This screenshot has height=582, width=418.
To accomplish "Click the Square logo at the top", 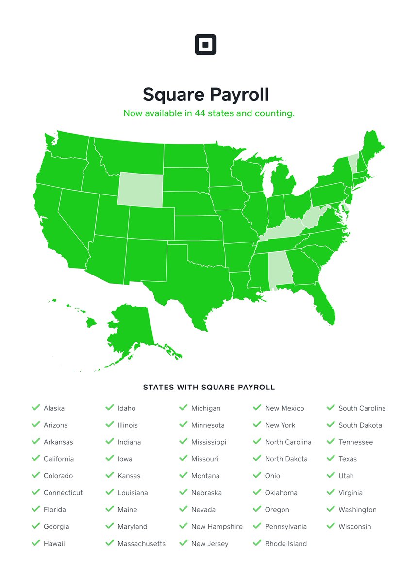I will point(205,45).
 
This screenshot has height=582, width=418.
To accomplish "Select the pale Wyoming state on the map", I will point(140,190).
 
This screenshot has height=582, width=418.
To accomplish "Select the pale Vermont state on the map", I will point(352,164).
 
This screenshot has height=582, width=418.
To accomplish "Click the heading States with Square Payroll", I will point(209,388).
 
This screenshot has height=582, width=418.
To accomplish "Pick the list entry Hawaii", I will point(54,544).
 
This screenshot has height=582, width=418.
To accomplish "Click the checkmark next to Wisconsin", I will point(331,526).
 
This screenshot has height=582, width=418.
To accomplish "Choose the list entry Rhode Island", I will point(285,544).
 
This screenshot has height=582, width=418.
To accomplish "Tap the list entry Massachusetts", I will point(141,544).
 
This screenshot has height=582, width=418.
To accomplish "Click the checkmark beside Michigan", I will point(183,408).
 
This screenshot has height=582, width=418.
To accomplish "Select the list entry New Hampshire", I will point(217,527).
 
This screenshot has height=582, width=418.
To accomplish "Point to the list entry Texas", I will point(348,459).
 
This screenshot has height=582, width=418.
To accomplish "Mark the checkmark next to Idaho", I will point(109,408).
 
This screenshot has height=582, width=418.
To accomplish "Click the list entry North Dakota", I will point(286,459).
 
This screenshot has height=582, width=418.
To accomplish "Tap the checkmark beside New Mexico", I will point(257,408).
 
